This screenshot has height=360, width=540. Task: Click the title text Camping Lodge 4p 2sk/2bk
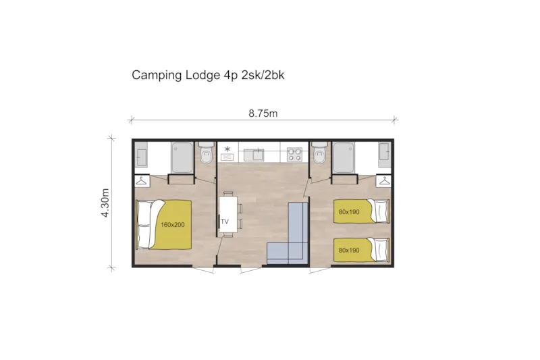(208, 76)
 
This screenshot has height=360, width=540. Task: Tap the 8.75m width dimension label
(263, 113)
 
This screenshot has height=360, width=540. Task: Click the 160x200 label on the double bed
(173, 224)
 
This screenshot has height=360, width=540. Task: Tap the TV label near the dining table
(223, 221)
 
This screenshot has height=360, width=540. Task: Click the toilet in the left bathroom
(206, 155)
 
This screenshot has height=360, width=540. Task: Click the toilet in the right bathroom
(321, 155)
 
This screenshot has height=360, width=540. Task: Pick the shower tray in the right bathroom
(344, 157)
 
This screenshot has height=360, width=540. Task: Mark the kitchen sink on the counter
(257, 155)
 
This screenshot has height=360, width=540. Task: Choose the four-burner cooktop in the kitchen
(294, 155)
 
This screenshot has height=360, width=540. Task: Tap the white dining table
(228, 213)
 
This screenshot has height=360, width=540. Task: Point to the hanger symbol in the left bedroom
(142, 180)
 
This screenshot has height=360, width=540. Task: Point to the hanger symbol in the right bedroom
(384, 180)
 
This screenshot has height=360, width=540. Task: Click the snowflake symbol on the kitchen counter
(227, 149)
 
